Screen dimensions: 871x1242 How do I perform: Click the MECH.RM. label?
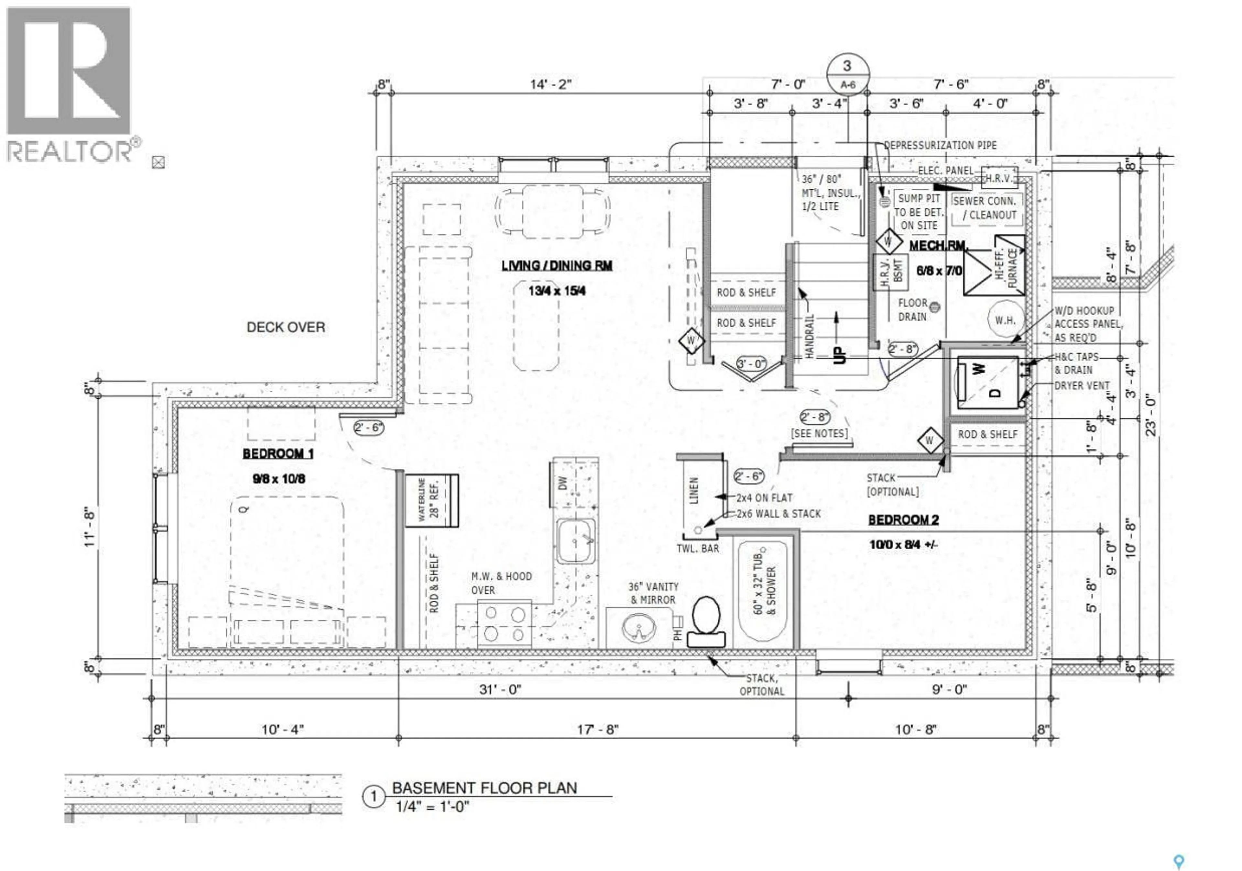[937, 246]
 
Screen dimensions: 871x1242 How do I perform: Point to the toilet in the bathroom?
[706, 622]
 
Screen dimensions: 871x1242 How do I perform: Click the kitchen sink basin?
[576, 541]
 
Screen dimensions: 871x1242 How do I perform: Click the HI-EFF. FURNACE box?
[994, 265]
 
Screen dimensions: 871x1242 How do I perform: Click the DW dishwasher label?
[562, 483]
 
